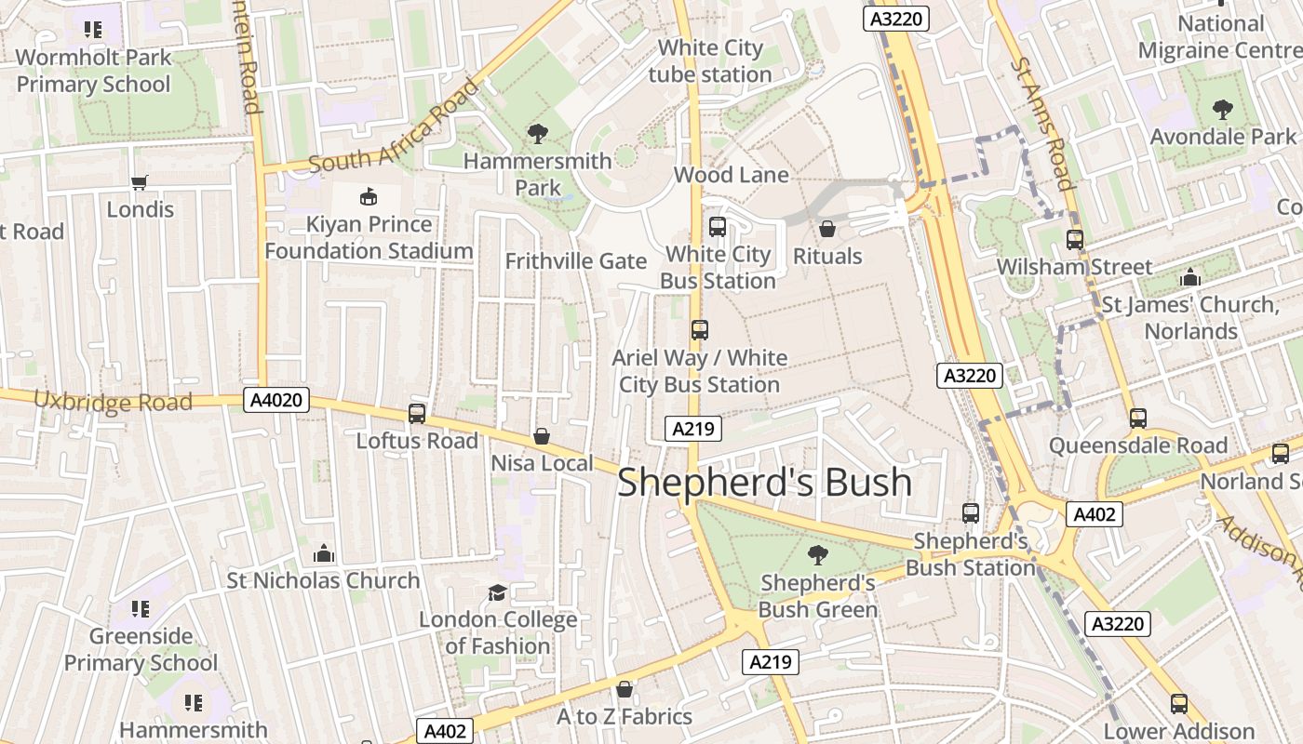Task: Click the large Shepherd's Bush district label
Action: (x=764, y=483)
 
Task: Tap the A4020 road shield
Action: (x=275, y=401)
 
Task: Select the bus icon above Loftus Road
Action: (x=417, y=414)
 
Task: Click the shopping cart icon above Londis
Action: (x=140, y=182)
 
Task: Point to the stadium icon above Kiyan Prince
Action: (x=369, y=196)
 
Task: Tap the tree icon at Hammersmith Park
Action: (x=537, y=134)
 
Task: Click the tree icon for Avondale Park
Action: (x=1222, y=110)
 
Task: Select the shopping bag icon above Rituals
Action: (x=826, y=229)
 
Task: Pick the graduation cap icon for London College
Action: (x=498, y=592)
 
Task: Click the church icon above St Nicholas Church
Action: (x=324, y=553)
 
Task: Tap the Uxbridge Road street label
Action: (x=113, y=401)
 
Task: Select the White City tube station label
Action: (x=710, y=60)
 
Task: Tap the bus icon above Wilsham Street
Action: (x=1075, y=240)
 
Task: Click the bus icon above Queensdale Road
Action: (x=1137, y=418)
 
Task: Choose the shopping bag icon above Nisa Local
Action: (x=541, y=436)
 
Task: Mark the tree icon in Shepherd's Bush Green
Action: (x=818, y=555)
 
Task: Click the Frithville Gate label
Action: (x=575, y=261)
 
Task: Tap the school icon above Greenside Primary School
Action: (x=140, y=609)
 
